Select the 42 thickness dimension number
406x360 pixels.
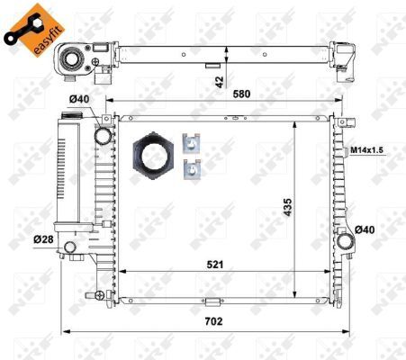pos(216,81)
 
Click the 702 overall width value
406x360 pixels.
pos(212,320)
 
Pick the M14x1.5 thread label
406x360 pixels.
pos(367,149)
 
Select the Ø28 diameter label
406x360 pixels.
pos(42,238)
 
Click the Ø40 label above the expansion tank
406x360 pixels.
pos(79,100)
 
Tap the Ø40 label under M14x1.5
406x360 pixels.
pos(364,229)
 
